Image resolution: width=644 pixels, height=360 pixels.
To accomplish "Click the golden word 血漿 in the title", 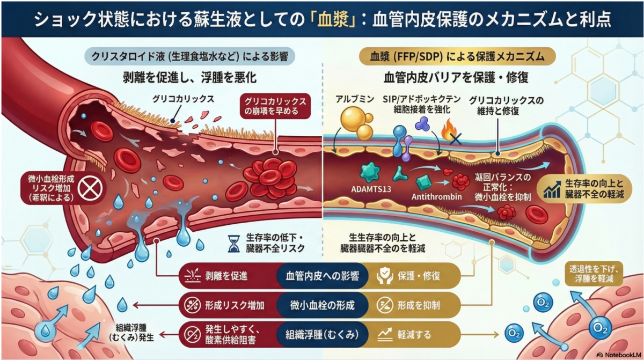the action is [333, 19].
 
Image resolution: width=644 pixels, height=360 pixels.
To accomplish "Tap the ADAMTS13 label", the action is [371, 189].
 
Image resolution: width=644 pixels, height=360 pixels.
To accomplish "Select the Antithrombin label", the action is [436, 197].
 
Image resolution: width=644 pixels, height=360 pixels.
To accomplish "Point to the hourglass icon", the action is [233, 244].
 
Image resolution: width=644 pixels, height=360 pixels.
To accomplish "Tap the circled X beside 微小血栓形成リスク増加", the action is [90, 188].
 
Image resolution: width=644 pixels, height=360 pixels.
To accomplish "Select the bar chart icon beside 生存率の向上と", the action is [552, 189].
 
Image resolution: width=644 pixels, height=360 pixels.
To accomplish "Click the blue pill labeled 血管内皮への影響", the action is [323, 276].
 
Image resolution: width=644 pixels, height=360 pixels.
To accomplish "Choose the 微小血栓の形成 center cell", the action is [323, 305].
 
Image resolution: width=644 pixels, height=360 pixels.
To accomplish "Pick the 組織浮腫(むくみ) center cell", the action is [323, 334].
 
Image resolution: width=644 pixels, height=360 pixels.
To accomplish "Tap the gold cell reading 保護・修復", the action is [414, 276].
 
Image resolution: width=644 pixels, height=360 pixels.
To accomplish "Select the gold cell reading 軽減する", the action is [414, 334].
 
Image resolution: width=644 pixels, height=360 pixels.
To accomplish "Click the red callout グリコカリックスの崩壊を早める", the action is [275, 106].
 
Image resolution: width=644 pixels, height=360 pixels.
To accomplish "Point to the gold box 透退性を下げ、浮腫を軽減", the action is [594, 274].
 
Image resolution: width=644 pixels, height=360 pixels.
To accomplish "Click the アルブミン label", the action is [355, 99].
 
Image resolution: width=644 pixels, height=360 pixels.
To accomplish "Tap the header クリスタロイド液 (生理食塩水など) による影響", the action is [189, 56].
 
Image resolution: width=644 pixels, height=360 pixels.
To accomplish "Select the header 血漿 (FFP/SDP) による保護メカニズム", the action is [457, 56].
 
